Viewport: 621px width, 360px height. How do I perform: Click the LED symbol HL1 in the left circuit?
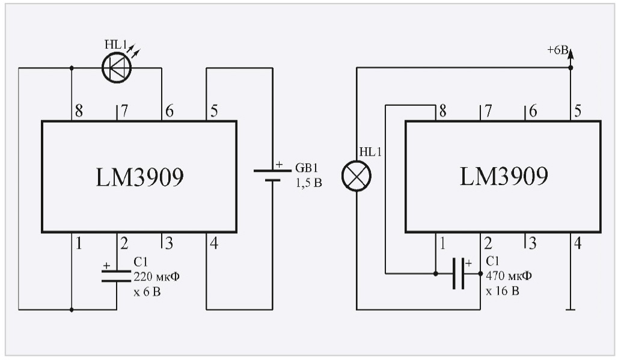[x=117, y=68]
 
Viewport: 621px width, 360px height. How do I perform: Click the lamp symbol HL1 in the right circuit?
[x=356, y=176]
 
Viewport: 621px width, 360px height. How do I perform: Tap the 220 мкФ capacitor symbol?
[x=117, y=275]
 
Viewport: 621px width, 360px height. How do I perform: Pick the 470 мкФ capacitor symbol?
[x=459, y=274]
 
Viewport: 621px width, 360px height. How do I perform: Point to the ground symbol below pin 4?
[x=571, y=310]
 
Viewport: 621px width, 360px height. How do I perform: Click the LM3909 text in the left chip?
[x=139, y=177]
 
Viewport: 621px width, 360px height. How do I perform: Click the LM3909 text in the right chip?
[x=504, y=177]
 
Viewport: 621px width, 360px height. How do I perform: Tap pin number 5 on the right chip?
[x=578, y=111]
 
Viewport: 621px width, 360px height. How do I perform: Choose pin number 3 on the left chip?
[x=170, y=243]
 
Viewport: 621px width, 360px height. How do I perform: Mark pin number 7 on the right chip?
[x=488, y=111]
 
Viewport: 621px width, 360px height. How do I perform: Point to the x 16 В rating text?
[x=503, y=291]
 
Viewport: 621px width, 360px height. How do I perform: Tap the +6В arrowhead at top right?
[x=571, y=55]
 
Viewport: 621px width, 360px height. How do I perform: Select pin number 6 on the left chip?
[x=170, y=111]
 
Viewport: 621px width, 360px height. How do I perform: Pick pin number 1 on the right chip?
[x=443, y=243]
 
